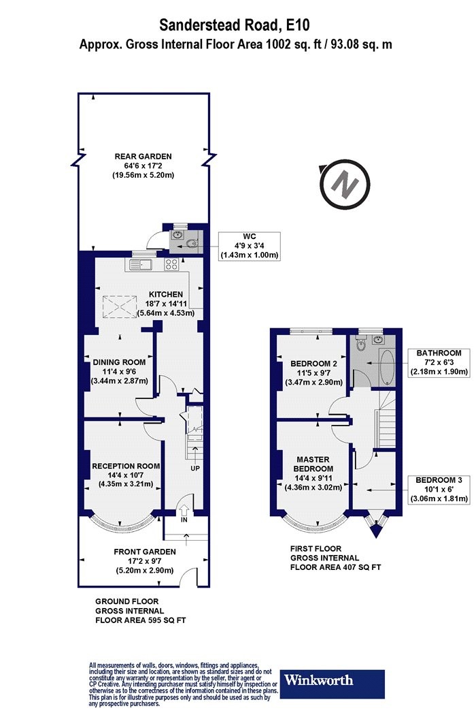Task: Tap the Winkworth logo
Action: click(x=332, y=684)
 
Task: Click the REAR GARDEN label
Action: click(x=143, y=157)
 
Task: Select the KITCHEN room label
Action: click(x=166, y=295)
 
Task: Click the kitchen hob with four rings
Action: click(x=172, y=264)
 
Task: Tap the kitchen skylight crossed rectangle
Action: click(x=120, y=308)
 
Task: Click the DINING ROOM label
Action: click(x=120, y=362)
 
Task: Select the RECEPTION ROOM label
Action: click(x=126, y=466)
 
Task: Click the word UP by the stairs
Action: click(x=195, y=468)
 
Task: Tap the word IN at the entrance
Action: click(x=184, y=520)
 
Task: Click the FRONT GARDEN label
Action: click(x=145, y=552)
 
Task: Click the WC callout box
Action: click(x=249, y=246)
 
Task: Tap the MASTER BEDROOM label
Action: click(x=313, y=464)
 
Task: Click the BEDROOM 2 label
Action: click(x=314, y=364)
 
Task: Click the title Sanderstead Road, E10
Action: click(x=235, y=25)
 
